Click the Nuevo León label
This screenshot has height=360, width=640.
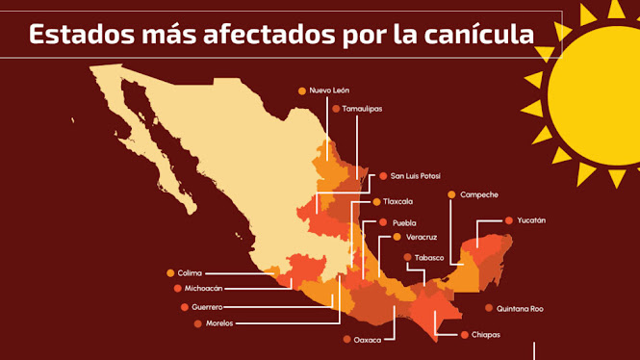[x=328, y=90]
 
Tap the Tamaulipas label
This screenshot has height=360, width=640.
[x=362, y=109]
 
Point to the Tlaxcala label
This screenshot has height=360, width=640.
[x=399, y=202]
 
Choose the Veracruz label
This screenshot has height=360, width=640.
[x=421, y=237]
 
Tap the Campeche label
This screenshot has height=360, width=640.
[x=478, y=194]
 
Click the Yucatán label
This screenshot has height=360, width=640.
[x=530, y=220]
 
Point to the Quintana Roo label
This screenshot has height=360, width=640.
[x=520, y=309]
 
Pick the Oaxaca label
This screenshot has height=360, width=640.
[x=367, y=340]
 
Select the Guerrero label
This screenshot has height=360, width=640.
[x=207, y=307]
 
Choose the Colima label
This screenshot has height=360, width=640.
[x=191, y=273]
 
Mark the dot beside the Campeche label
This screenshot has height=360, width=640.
[x=451, y=194]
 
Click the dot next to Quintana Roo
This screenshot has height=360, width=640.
[x=489, y=309]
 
